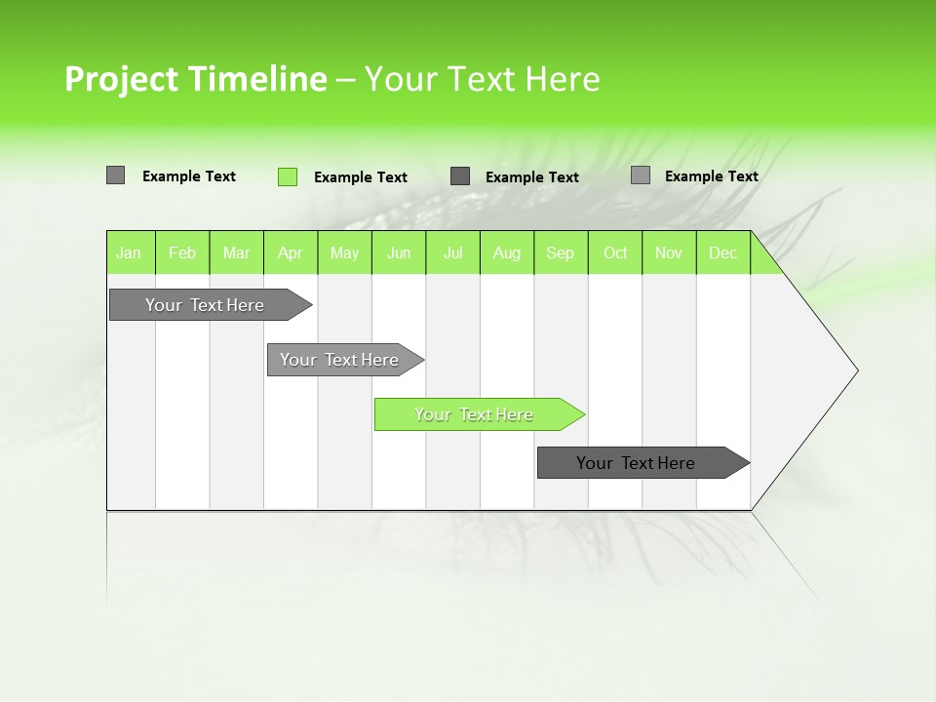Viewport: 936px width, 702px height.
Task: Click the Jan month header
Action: tap(129, 253)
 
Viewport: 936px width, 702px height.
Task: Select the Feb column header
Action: tap(182, 253)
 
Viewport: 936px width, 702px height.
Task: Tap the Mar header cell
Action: tap(236, 253)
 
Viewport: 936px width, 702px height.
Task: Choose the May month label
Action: tap(344, 253)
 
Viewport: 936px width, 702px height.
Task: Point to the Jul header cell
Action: tap(452, 253)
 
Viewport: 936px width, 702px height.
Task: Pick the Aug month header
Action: tap(506, 253)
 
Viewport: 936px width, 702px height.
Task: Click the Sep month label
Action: tap(560, 253)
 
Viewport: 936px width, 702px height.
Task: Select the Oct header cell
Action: tap(615, 253)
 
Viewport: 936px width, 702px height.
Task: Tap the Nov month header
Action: tap(669, 253)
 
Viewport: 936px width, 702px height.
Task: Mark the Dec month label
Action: tap(722, 253)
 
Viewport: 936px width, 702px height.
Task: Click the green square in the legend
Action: tap(287, 176)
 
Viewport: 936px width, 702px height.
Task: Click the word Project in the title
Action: tap(123, 79)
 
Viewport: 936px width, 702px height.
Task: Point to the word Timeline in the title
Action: tap(257, 79)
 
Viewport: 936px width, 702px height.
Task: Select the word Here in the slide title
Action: tap(563, 79)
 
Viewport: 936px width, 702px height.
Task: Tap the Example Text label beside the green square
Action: tap(360, 177)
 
